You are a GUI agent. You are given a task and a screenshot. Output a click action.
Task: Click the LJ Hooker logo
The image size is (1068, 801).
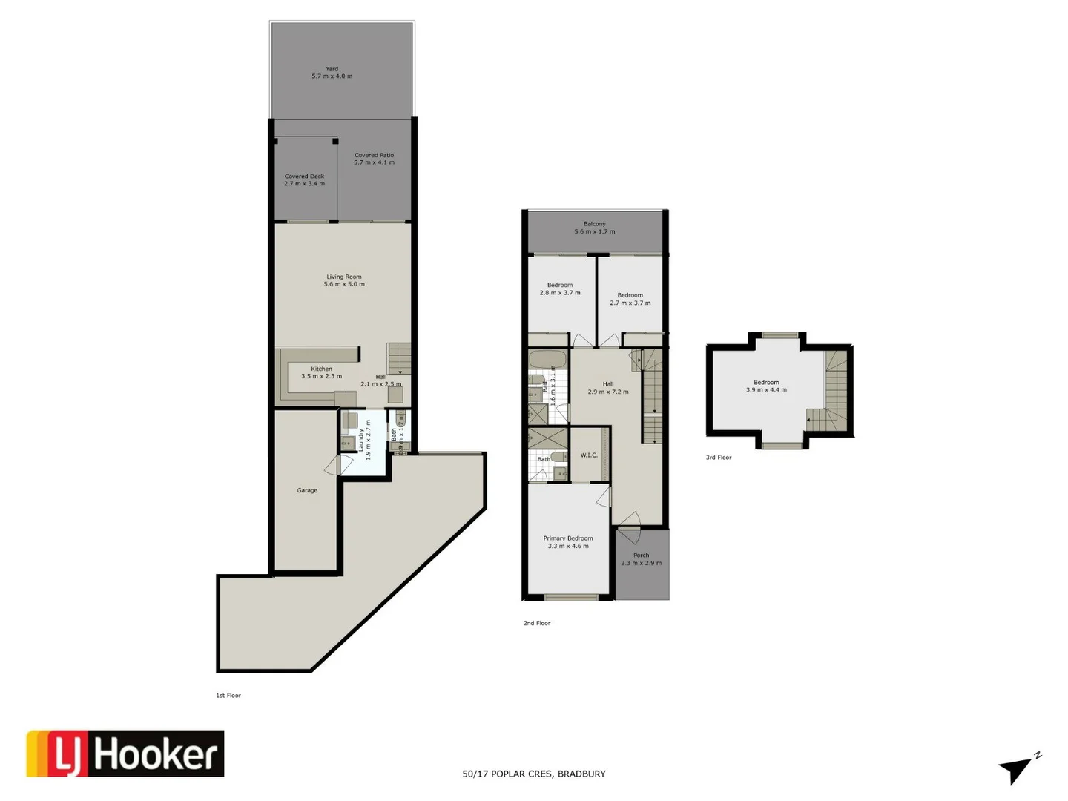(125, 754)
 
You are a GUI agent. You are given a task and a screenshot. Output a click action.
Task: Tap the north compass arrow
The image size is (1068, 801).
(1017, 769)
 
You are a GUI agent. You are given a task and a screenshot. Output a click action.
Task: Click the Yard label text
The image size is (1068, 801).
(332, 69)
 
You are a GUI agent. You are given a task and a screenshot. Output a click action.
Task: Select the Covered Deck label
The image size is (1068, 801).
(304, 177)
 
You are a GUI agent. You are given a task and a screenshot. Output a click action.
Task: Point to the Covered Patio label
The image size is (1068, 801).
(374, 155)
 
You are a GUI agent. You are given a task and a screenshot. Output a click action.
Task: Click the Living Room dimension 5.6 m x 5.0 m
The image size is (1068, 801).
(344, 284)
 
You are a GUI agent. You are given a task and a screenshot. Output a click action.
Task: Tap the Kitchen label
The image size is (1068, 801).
(321, 369)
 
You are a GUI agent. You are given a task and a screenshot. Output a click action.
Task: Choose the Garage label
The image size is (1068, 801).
(307, 490)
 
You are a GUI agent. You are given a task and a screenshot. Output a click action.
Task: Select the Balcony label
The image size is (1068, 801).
(594, 224)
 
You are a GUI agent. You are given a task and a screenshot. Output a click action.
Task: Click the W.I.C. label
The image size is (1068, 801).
(589, 455)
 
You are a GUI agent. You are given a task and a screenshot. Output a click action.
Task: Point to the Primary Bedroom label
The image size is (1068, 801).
(568, 538)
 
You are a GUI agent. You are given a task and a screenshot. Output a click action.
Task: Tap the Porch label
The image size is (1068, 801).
(641, 555)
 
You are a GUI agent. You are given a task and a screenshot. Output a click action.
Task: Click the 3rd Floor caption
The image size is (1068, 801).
(719, 458)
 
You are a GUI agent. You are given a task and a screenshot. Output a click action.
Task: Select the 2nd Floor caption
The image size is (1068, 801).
(537, 623)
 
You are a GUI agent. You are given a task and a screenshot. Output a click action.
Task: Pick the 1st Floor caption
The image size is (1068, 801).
(228, 696)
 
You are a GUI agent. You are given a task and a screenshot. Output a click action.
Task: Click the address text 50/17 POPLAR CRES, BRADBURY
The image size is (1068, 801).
(534, 774)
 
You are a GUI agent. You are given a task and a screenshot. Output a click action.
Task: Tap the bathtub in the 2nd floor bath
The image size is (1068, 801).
(548, 360)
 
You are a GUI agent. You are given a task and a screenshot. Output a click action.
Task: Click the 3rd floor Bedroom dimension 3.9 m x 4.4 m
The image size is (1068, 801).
(766, 390)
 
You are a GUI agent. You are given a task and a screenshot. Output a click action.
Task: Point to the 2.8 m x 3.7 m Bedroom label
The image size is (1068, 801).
(560, 293)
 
